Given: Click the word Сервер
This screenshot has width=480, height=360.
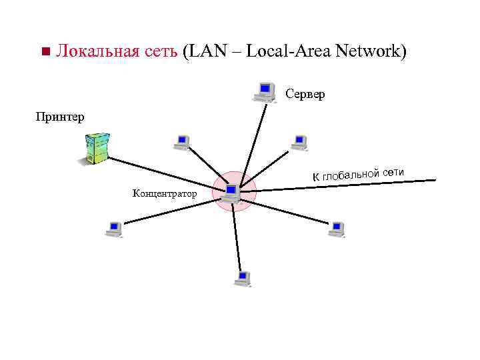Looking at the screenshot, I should (305, 95).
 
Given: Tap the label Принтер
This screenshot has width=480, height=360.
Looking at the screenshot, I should (60, 117).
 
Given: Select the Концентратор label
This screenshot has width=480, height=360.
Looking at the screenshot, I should (165, 194).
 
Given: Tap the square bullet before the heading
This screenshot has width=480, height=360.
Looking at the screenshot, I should (45, 52).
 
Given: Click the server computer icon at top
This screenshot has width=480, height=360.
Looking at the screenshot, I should (265, 91).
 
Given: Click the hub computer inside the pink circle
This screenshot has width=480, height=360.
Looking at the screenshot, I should (231, 193).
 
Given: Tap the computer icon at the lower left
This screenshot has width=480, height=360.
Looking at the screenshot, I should (114, 229).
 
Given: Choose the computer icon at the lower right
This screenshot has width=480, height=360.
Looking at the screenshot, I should (337, 229).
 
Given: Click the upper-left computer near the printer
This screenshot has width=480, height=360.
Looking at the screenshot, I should (181, 141).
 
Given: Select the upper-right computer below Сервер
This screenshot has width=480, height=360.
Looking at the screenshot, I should (299, 141).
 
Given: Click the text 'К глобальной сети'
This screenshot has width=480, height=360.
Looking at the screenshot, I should (359, 173).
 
